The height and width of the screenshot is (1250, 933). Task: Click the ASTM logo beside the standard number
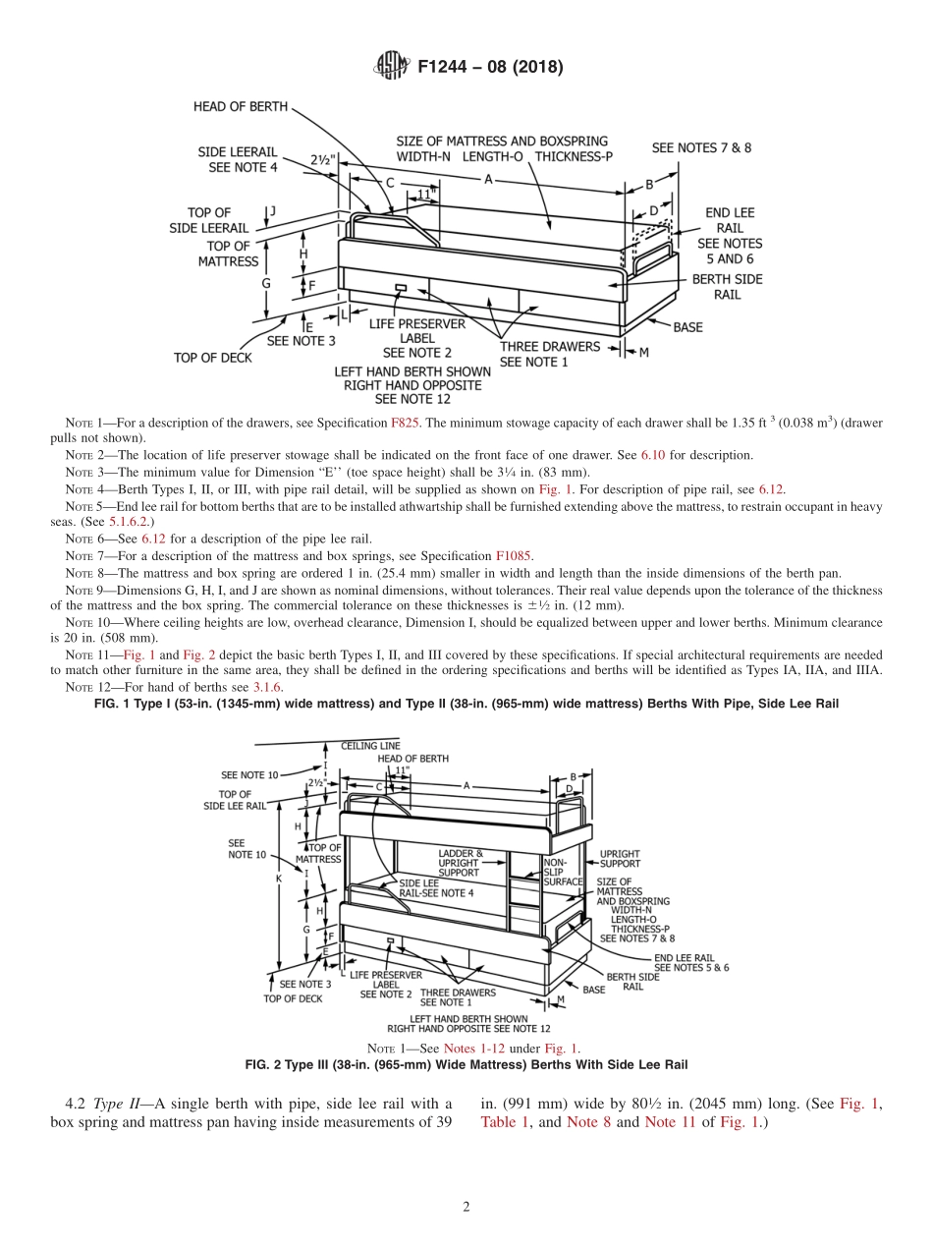pyautogui.click(x=392, y=67)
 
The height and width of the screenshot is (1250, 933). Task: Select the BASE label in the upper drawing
pyautogui.click(x=687, y=327)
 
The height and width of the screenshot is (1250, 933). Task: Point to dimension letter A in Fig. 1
pyautogui.click(x=488, y=179)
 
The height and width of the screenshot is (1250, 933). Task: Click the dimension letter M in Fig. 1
pyautogui.click(x=643, y=353)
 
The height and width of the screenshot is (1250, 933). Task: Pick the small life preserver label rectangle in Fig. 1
pyautogui.click(x=400, y=289)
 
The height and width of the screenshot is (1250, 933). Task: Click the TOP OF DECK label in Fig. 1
pyautogui.click(x=212, y=358)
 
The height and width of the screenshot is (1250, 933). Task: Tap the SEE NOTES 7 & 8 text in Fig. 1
pyautogui.click(x=701, y=147)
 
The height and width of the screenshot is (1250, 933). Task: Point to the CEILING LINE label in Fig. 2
pyautogui.click(x=370, y=746)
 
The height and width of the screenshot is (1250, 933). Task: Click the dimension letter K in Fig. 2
pyautogui.click(x=279, y=879)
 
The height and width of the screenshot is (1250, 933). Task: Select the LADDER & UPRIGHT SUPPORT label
pyautogui.click(x=459, y=863)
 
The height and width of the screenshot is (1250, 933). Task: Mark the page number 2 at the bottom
pyautogui.click(x=466, y=1208)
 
